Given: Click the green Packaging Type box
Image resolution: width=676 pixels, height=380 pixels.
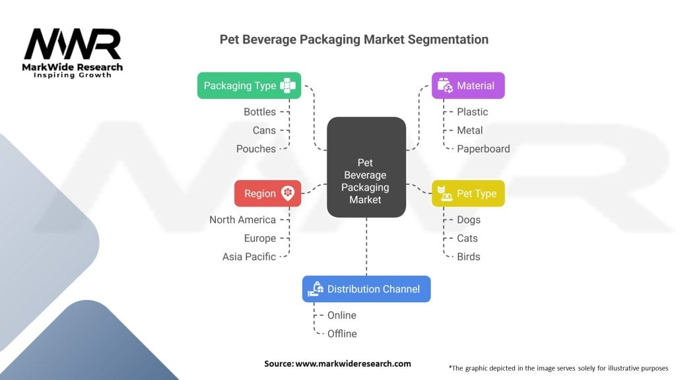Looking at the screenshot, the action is [249, 86].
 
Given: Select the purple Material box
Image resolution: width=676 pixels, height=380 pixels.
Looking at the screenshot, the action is [468, 86].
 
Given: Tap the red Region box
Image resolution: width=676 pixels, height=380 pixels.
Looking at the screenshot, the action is [267, 193].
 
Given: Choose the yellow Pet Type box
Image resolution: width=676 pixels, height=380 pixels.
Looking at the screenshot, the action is [468, 193].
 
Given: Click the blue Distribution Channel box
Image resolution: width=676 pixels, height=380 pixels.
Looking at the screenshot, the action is [366, 289].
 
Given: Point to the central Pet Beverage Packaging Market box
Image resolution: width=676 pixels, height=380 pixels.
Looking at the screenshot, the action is [366, 167].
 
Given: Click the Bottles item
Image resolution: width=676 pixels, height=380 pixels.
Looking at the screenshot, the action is [259, 112].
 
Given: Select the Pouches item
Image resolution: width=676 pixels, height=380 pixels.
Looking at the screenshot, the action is [256, 149].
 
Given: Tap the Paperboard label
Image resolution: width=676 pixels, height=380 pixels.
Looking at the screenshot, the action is [483, 149].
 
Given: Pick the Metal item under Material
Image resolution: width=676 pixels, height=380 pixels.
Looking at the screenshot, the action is [469, 131].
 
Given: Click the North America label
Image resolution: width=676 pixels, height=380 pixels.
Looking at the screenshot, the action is [242, 220].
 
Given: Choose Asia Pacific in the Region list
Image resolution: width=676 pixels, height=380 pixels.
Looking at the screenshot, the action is [249, 257].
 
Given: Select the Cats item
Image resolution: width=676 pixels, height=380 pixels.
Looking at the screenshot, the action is [467, 238].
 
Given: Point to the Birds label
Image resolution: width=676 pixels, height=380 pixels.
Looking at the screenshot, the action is [468, 257].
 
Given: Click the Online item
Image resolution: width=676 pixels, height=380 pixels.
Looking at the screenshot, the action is [341, 315].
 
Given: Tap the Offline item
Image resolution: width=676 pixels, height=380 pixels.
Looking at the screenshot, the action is [342, 334].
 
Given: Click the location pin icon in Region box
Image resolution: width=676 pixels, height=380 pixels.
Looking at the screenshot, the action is [288, 193].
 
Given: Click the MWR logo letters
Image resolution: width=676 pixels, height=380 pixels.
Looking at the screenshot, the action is [73, 45].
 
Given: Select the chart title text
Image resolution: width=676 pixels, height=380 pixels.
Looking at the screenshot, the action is [354, 40].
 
